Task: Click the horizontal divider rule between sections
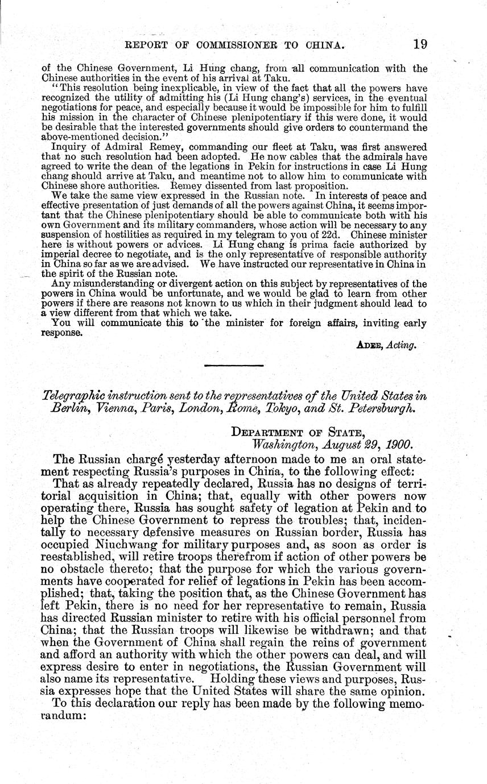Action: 233,365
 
